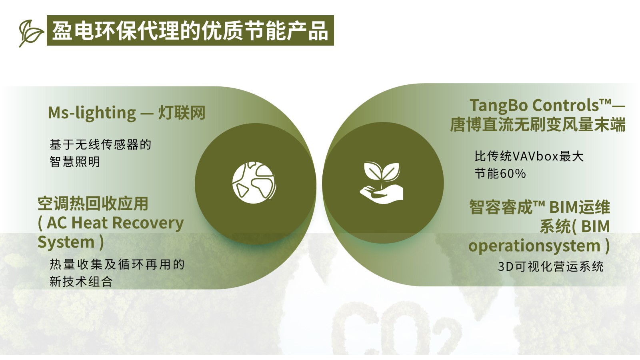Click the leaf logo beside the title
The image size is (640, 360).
(x=31, y=33)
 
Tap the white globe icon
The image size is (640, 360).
(x=254, y=182)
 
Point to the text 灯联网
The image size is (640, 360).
(x=182, y=112)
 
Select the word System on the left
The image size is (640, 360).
(x=66, y=242)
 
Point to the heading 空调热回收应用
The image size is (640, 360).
(x=93, y=204)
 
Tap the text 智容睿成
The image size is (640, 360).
(x=501, y=207)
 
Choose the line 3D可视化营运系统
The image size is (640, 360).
(x=550, y=266)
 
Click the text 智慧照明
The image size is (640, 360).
(x=74, y=162)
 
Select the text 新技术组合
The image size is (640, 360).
(x=81, y=282)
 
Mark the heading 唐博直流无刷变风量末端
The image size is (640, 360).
(x=538, y=124)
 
